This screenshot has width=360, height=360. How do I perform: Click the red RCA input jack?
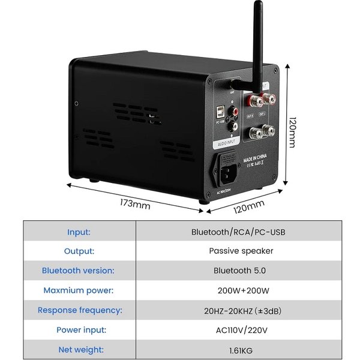click(230, 111)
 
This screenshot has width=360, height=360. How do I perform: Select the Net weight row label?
click(80, 349)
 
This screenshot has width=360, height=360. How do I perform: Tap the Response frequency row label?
click(80, 310)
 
